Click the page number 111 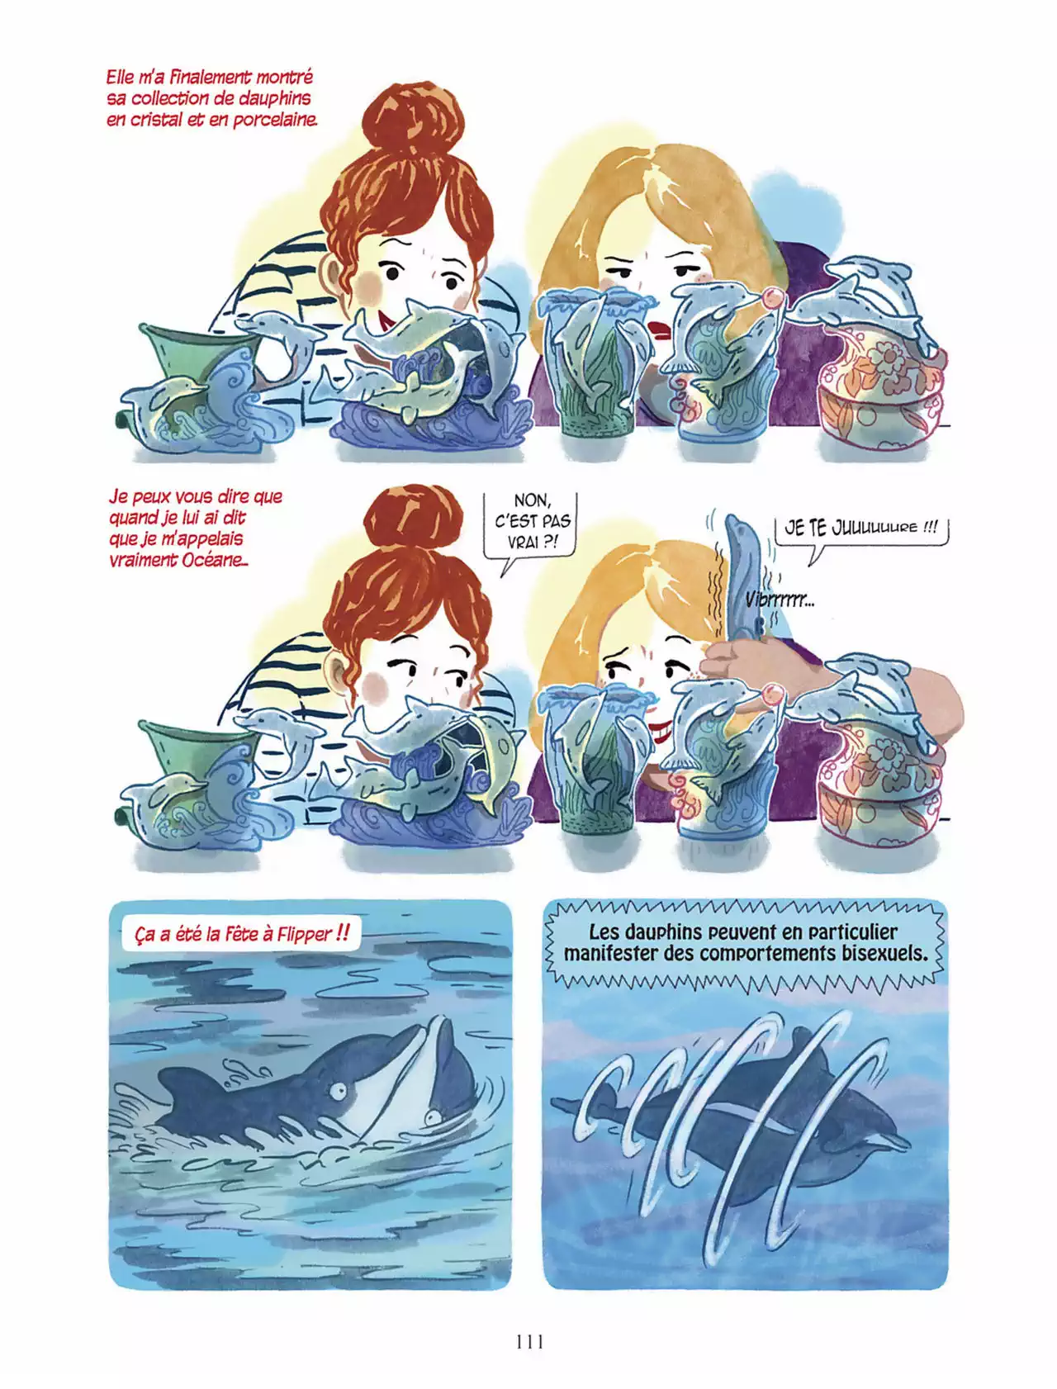(529, 1342)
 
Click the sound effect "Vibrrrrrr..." (780, 600)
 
